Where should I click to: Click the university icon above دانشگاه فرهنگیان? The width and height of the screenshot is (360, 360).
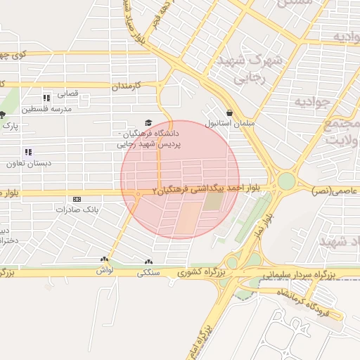tap(148, 122)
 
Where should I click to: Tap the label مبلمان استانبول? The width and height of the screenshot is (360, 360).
tap(222, 123)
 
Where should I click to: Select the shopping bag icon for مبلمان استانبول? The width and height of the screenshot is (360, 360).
tap(229, 112)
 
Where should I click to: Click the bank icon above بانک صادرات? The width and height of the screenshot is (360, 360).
tap(77, 200)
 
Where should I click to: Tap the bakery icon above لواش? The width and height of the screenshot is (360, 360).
tap(104, 260)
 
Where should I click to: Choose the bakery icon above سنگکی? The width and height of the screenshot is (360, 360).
tap(148, 260)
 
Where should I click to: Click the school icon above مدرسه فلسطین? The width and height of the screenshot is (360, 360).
tap(46, 98)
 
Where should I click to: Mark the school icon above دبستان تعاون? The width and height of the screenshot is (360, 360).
tap(28, 152)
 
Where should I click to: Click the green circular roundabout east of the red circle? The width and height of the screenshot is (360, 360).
tap(285, 181)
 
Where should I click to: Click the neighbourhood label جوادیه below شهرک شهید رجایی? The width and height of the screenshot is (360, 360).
tap(311, 103)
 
